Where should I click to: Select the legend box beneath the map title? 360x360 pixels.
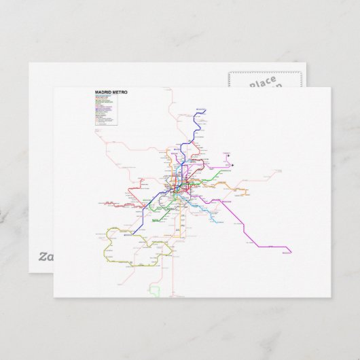point(106,109)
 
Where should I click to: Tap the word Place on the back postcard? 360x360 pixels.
point(262,84)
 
